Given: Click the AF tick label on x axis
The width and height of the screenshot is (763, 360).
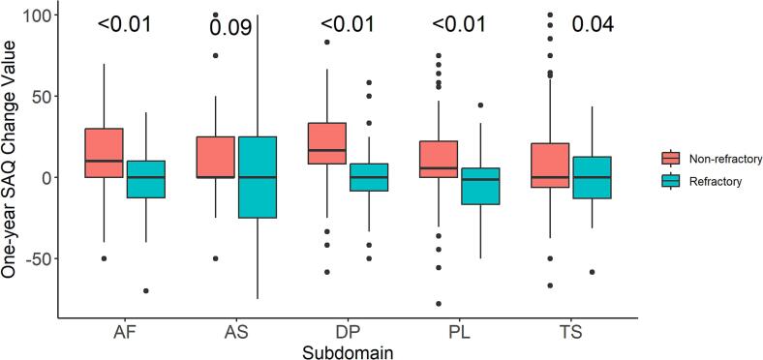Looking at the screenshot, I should click(123, 334).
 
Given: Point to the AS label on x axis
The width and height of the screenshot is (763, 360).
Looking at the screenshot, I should click(235, 334).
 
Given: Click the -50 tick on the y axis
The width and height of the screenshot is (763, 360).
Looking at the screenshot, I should click(36, 259).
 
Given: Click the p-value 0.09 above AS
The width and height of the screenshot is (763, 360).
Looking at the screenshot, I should click(231, 27).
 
